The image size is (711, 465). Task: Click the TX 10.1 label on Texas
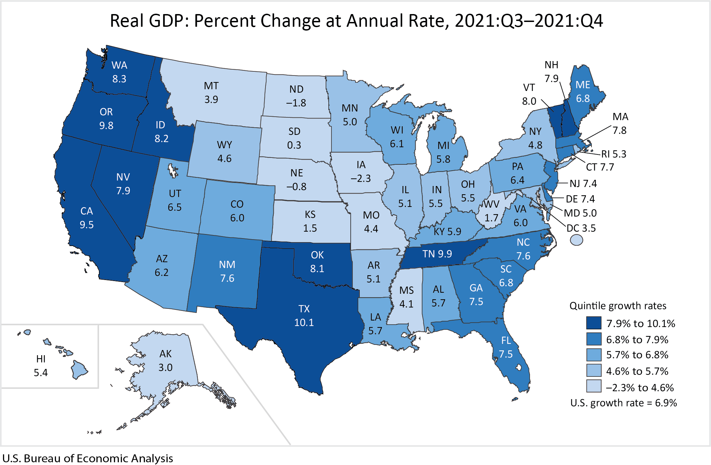click(x=304, y=316)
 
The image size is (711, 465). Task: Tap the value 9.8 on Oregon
click(x=106, y=126)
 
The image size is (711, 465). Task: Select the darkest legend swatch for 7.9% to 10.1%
click(x=594, y=323)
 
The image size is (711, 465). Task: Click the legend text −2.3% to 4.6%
click(x=640, y=388)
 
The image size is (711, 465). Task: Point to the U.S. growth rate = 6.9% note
click(x=623, y=403)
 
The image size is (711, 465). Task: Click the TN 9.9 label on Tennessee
click(x=437, y=254)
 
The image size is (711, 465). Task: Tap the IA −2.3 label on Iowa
click(x=361, y=172)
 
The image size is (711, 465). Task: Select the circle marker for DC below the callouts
click(x=576, y=240)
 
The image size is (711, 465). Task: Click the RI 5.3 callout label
click(x=613, y=154)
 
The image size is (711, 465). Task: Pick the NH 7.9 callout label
click(x=551, y=71)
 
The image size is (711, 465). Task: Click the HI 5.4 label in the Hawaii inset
click(x=41, y=366)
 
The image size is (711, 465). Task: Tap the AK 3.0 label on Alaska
click(x=165, y=361)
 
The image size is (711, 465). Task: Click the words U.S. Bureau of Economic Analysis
click(x=88, y=458)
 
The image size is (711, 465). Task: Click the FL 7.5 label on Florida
click(x=506, y=347)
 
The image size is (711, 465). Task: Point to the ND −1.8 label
click(x=296, y=96)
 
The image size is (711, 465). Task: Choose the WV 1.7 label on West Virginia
click(x=491, y=211)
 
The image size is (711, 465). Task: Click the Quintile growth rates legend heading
click(x=618, y=306)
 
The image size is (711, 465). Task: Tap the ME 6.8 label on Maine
click(x=583, y=92)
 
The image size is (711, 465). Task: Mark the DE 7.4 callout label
click(x=580, y=199)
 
